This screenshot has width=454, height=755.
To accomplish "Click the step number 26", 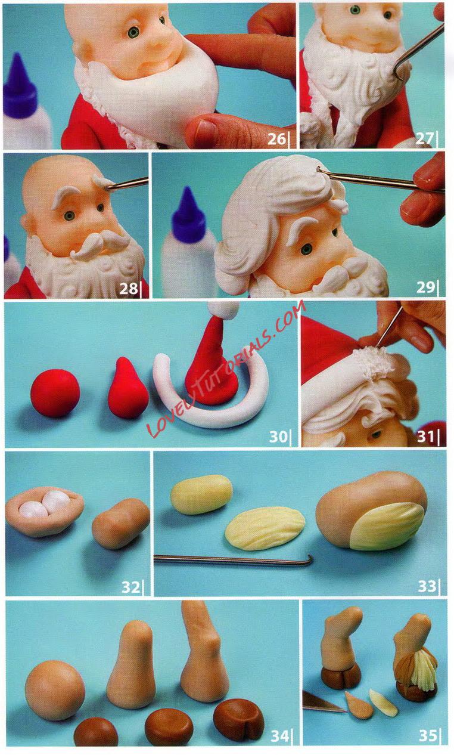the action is [276, 139].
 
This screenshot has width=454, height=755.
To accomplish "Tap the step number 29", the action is [426, 287].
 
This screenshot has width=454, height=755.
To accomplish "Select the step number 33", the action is [427, 586].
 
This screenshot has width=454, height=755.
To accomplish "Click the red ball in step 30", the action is [55, 392].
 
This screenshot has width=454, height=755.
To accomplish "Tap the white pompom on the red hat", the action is [223, 310].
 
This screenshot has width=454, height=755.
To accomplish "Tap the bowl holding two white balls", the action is [45, 510].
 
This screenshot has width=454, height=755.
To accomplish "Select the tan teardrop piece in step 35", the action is [359, 707].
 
